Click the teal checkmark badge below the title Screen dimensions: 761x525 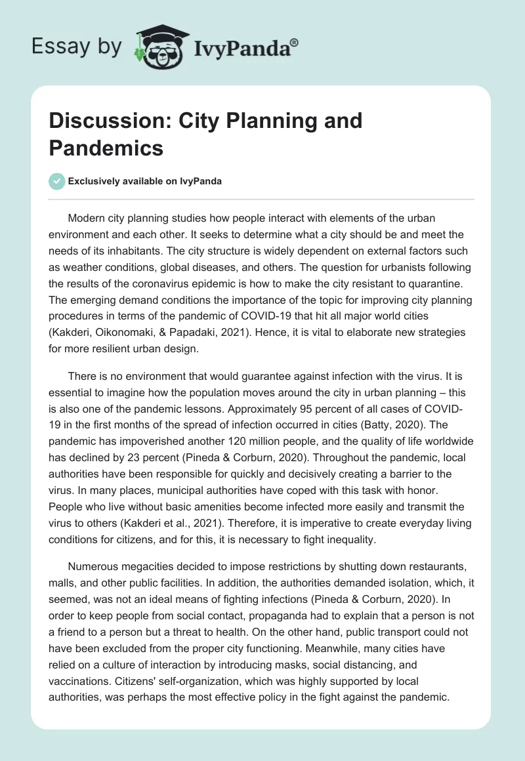[x=58, y=182]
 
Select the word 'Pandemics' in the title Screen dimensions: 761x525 [x=106, y=148]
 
